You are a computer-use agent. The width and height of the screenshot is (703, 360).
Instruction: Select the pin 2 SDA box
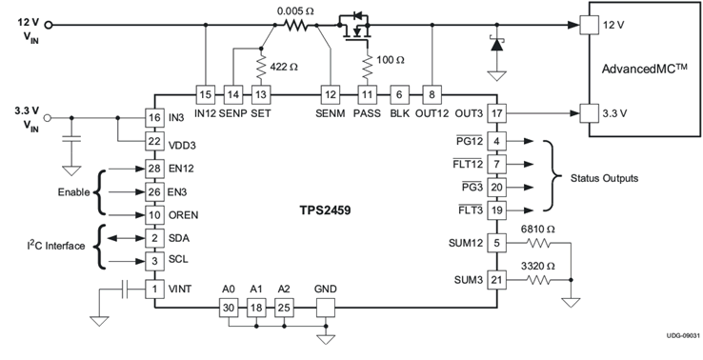click(x=153, y=237)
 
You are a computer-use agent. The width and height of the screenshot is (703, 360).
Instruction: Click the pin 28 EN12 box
click(x=153, y=169)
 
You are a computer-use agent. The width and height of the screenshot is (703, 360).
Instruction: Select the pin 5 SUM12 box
click(x=496, y=242)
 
